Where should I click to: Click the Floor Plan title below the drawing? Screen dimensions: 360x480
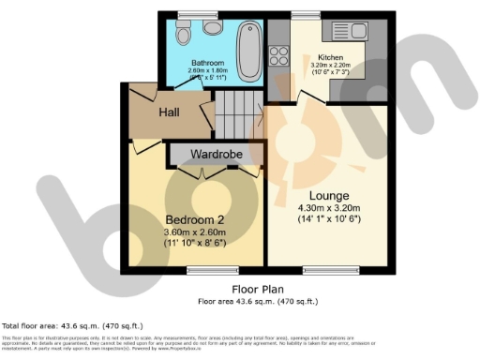pos(259,291)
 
